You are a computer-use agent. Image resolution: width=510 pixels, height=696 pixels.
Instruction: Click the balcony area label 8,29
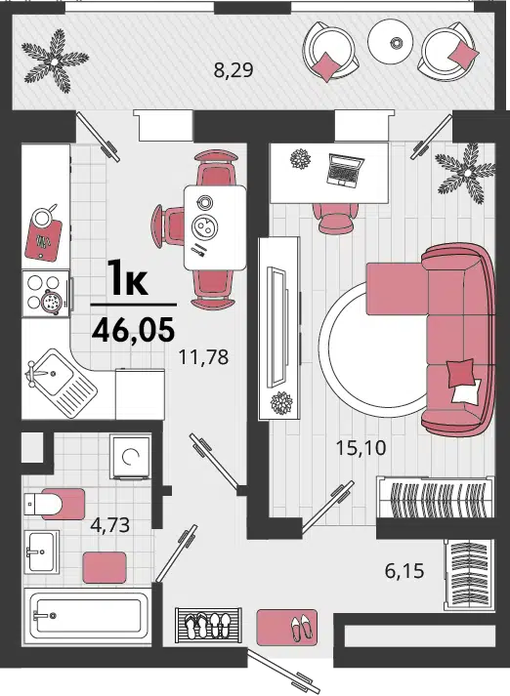point(234,70)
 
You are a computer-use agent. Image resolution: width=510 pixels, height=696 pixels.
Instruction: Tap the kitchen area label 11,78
point(203,357)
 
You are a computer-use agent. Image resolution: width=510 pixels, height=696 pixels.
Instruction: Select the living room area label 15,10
point(361,448)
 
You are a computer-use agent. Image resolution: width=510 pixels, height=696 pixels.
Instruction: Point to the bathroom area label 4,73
point(109,524)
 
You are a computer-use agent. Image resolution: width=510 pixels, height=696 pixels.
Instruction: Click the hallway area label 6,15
point(404,571)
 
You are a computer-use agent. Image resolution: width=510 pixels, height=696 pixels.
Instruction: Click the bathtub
point(88,615)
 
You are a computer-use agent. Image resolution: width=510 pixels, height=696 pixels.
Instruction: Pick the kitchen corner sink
point(61,383)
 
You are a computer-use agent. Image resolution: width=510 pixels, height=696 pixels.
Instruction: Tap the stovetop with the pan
point(47,293)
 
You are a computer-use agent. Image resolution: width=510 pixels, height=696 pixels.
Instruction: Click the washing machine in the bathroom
point(131,456)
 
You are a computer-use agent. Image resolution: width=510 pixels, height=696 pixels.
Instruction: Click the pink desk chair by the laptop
point(334,217)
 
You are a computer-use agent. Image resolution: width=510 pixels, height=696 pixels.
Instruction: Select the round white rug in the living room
point(374,350)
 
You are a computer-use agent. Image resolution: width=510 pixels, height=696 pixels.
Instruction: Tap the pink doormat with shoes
point(287,627)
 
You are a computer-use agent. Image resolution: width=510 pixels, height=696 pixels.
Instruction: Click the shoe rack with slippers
point(208,625)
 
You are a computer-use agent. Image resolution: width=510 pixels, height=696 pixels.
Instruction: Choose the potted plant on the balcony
point(55,61)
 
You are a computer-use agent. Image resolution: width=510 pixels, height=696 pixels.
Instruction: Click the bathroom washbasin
point(41,552)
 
